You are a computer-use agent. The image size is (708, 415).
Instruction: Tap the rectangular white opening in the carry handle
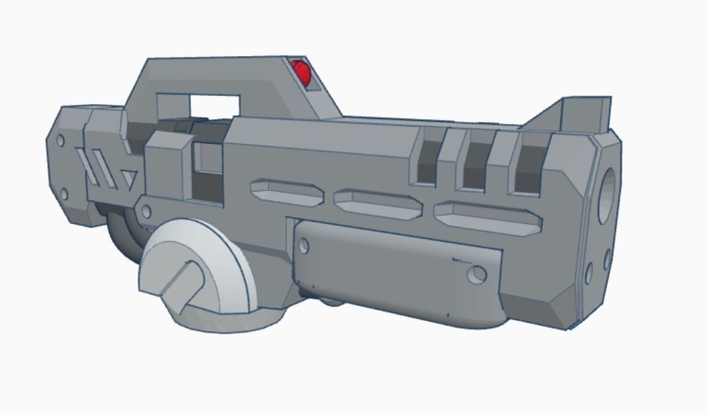[x=214, y=105]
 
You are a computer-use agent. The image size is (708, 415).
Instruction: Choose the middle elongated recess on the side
[x=378, y=202]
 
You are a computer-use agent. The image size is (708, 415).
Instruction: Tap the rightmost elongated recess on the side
[x=488, y=217]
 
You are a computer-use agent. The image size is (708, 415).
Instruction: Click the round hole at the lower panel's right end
[x=477, y=275]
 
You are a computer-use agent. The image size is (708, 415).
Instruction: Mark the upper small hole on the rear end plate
[x=60, y=141]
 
